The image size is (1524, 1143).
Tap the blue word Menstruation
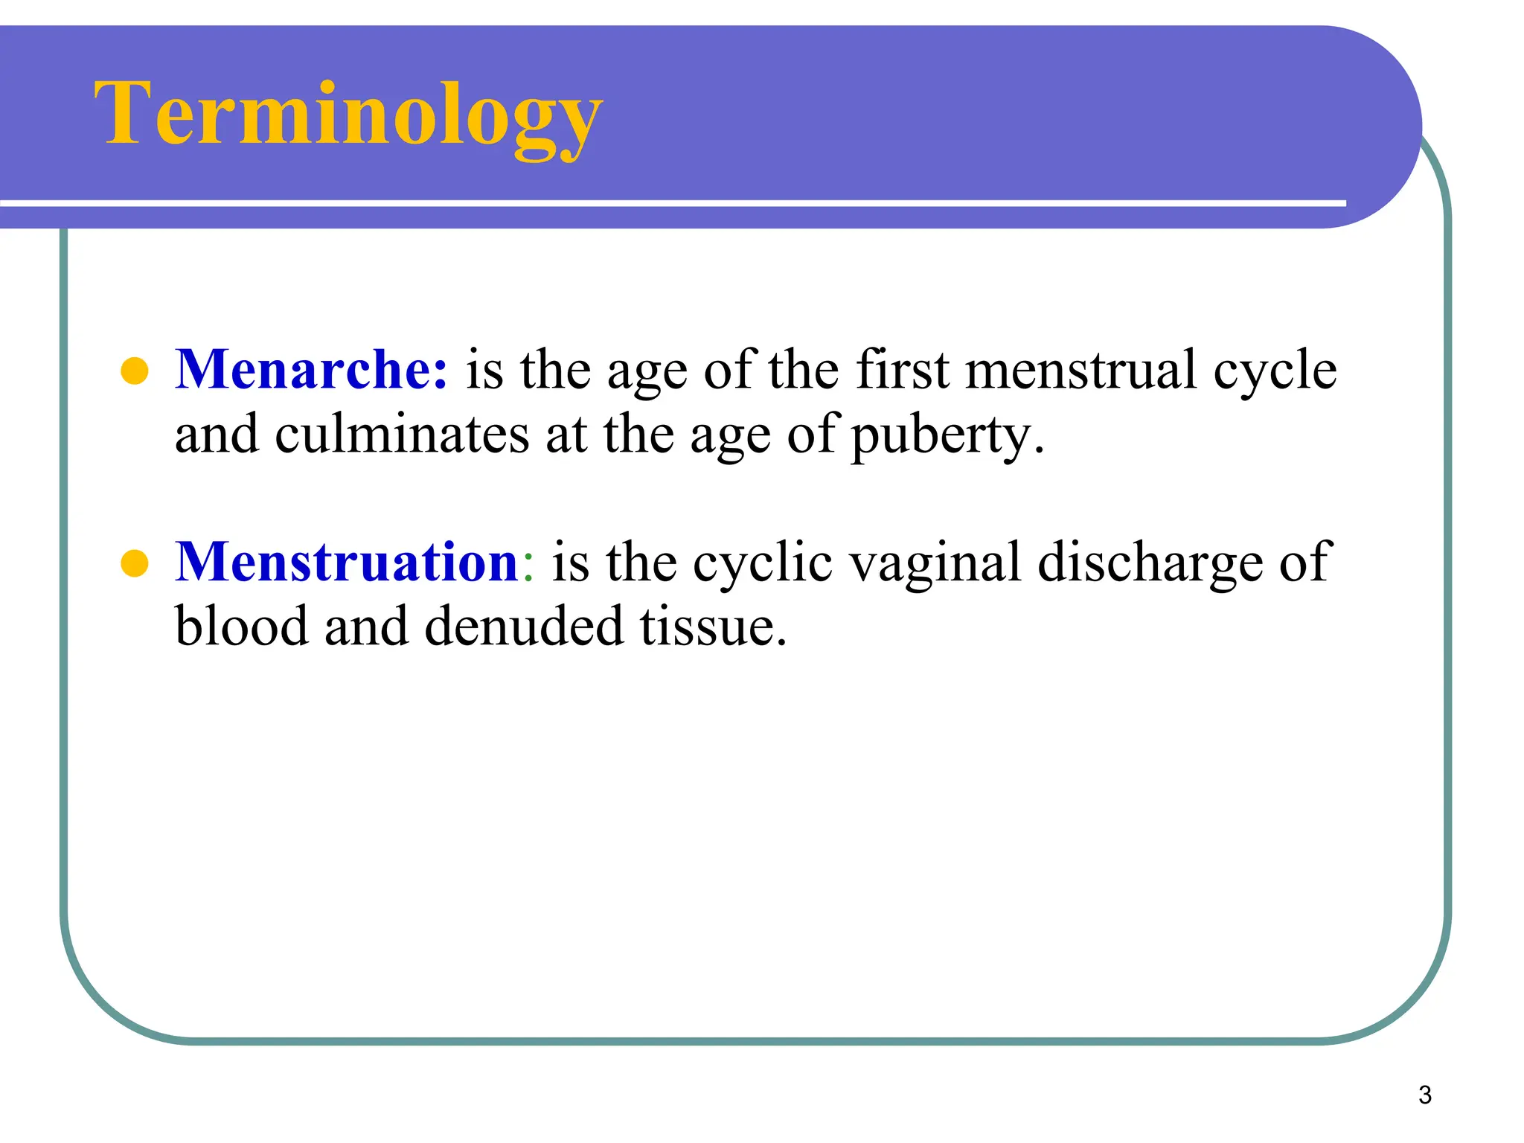[x=346, y=562]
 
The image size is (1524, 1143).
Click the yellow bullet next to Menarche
[x=135, y=371]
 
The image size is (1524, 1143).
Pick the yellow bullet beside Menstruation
[x=135, y=563]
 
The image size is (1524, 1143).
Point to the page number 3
[x=1424, y=1095]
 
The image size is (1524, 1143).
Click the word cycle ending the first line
[x=1274, y=371]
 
